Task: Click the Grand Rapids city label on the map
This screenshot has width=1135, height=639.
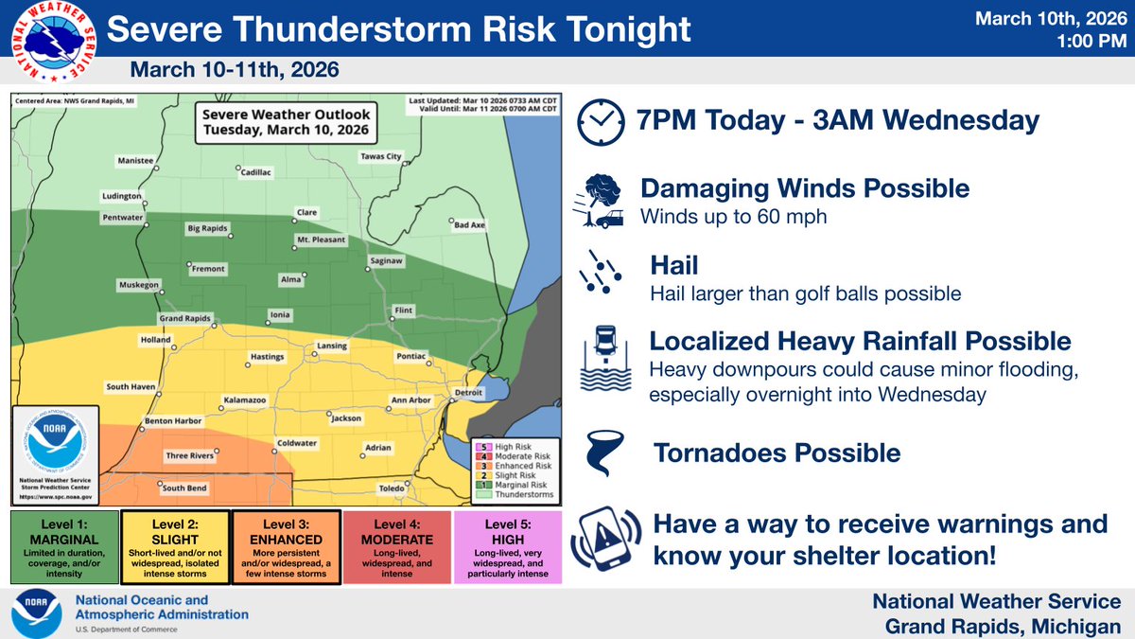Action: pyautogui.click(x=183, y=319)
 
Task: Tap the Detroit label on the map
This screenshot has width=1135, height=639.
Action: pyautogui.click(x=468, y=391)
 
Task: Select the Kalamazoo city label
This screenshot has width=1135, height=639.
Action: pyautogui.click(x=244, y=400)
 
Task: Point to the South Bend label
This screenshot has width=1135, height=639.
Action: pyautogui.click(x=183, y=488)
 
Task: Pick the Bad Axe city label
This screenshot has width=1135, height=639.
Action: pyautogui.click(x=469, y=225)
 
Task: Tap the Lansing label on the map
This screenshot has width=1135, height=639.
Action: pyautogui.click(x=332, y=346)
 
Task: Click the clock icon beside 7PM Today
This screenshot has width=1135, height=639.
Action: pyautogui.click(x=600, y=122)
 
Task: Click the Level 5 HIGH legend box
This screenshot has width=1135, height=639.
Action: pyautogui.click(x=508, y=548)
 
